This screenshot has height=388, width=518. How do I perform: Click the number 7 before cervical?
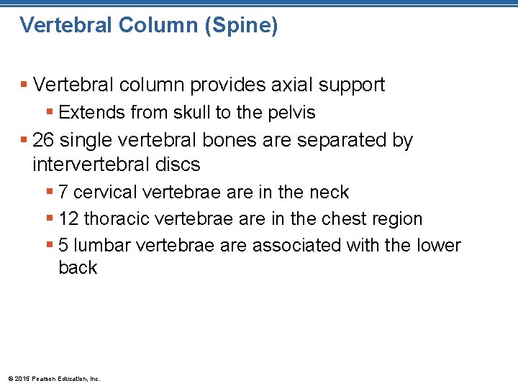coord(64,193)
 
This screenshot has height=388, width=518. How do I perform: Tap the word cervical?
coord(106,193)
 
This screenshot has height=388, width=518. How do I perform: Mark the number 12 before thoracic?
coord(69,218)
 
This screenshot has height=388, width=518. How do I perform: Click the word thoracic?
coord(114,218)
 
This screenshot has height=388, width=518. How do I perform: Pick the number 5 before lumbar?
coord(64,245)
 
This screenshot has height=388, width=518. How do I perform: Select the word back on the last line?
coord(78,268)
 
